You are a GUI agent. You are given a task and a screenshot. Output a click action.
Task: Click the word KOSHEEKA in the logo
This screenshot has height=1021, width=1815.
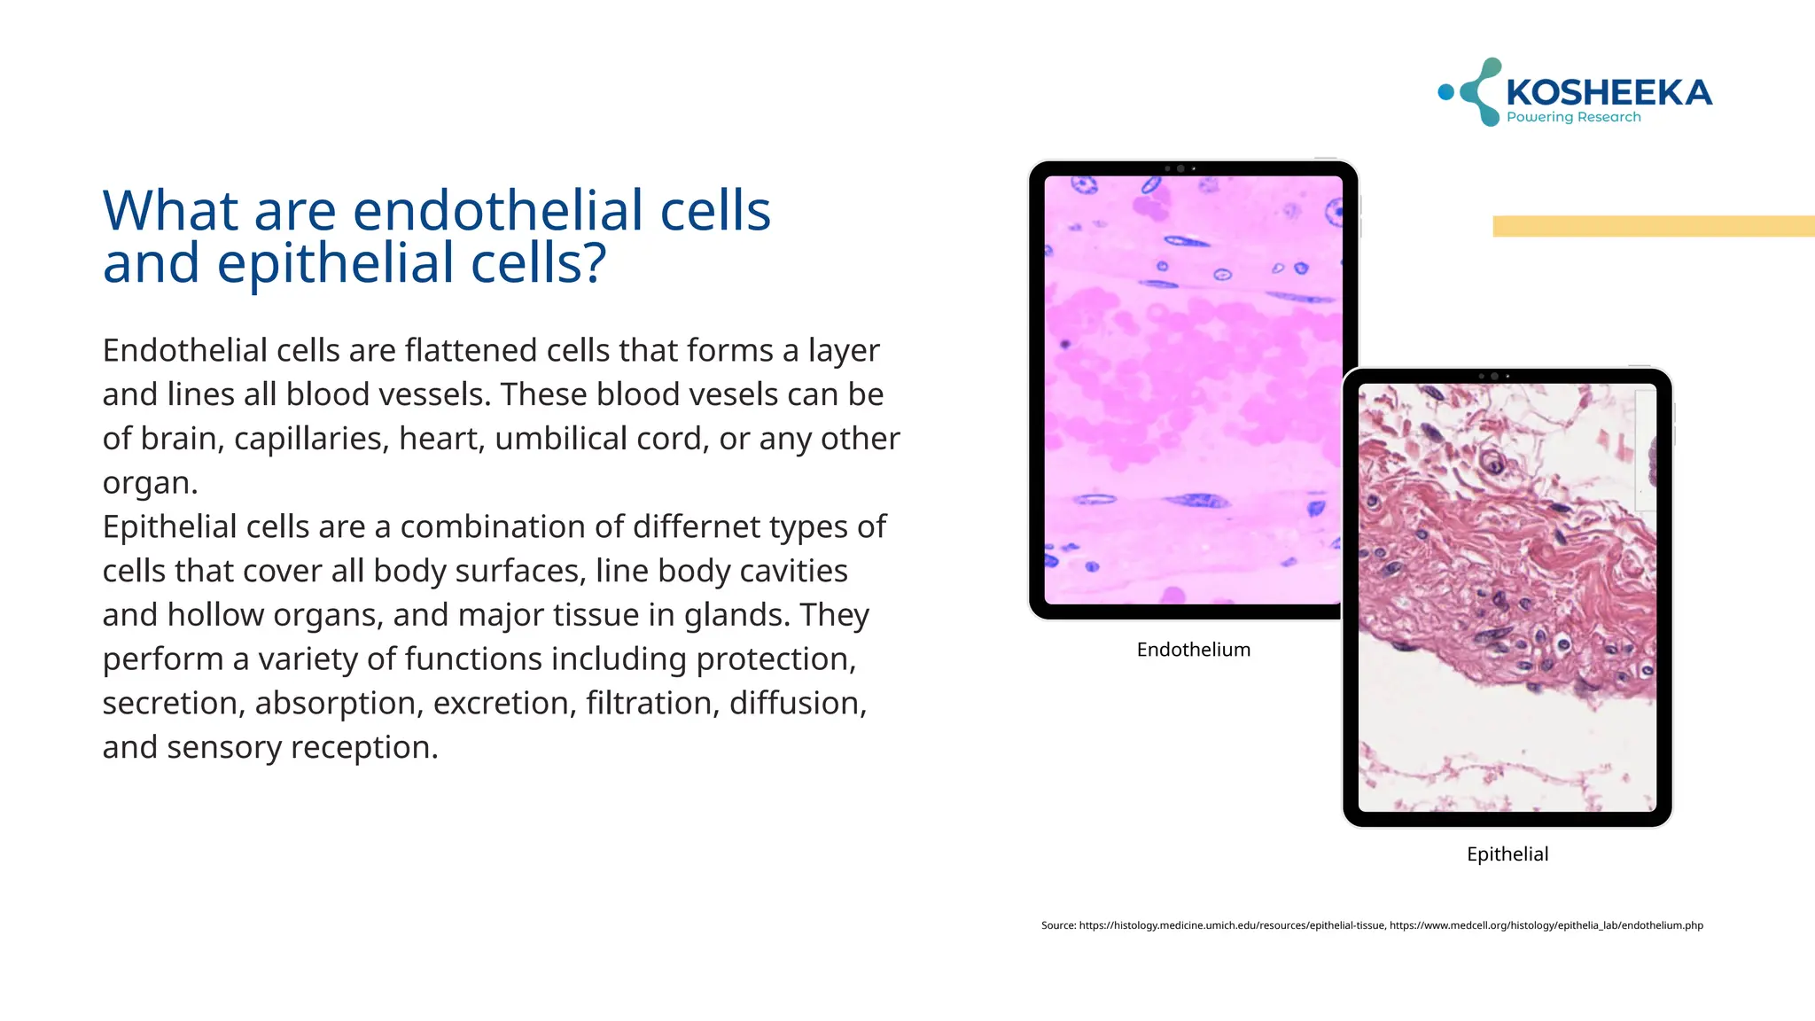click(1609, 92)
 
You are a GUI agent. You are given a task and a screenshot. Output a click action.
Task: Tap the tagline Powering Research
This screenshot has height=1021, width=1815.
click(1573, 117)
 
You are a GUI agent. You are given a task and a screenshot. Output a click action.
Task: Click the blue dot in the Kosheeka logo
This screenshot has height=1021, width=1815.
click(1446, 92)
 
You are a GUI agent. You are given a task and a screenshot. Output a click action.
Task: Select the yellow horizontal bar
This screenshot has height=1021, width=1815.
click(1653, 226)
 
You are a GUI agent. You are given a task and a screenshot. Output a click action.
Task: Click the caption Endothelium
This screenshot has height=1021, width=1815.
click(1193, 650)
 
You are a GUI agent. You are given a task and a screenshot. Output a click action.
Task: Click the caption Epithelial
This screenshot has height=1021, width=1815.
click(1507, 854)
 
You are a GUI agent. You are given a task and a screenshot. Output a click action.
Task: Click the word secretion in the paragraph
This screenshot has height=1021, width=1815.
click(173, 703)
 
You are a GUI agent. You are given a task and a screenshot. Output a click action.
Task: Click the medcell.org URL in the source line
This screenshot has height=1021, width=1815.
click(1546, 925)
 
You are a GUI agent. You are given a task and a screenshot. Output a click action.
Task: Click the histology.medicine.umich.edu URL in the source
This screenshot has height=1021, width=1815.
click(1232, 925)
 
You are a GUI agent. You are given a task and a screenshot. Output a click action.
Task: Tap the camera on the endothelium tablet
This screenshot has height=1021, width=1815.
click(1180, 168)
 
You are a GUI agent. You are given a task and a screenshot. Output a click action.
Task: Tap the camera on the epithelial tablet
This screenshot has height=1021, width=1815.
click(1494, 377)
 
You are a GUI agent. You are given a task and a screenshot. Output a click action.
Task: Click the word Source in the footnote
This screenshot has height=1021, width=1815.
click(1057, 925)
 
